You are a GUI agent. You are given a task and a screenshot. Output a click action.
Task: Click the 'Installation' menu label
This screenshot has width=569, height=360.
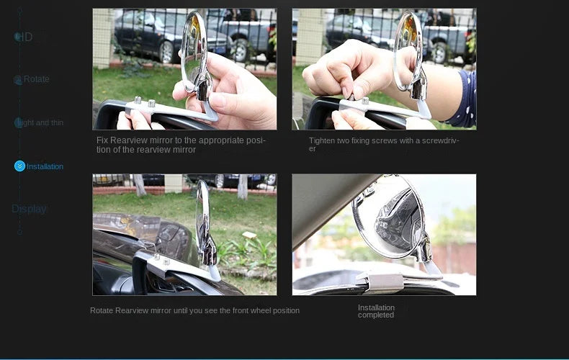(x=45, y=166)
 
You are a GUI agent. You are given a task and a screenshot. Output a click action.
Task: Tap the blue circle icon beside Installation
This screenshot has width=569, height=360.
(x=19, y=166)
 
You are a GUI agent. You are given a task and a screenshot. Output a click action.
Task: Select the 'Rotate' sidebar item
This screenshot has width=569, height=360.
(x=36, y=79)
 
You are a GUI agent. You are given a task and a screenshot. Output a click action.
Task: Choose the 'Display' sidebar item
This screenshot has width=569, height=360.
(x=29, y=209)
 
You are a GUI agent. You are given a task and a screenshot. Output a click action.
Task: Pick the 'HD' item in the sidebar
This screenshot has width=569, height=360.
(x=24, y=37)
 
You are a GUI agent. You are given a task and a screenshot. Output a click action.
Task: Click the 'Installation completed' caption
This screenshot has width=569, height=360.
(x=376, y=311)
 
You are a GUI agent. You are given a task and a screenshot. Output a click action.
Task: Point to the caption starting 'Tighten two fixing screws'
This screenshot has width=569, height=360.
(x=383, y=144)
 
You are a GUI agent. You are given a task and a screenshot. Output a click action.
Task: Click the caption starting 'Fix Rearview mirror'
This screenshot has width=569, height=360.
(x=182, y=145)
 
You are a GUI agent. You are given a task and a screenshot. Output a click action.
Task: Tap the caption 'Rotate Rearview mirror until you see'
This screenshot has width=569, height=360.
(x=194, y=310)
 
